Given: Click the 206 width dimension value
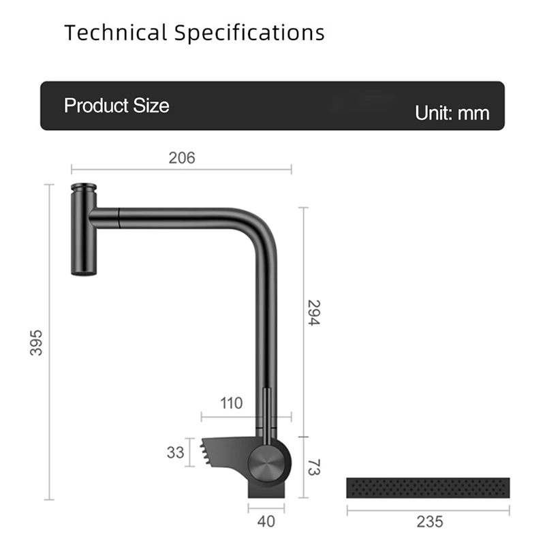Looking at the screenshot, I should [x=182, y=158].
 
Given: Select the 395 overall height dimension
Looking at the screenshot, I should [x=36, y=342].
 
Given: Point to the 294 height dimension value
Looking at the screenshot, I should [x=313, y=312].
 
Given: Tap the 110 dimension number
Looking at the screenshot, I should [x=232, y=403].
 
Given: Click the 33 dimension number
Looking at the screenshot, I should [x=175, y=452].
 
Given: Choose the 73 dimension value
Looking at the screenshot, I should [x=313, y=467].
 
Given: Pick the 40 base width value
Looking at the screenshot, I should [x=266, y=522].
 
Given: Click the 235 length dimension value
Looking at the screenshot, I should [x=429, y=522].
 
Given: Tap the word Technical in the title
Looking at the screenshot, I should [x=115, y=32].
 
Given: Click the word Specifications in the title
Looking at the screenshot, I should [x=249, y=32].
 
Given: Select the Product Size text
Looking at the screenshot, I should [x=116, y=106].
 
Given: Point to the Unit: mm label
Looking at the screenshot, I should [x=452, y=112].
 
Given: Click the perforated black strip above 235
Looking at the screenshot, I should [x=428, y=487].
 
